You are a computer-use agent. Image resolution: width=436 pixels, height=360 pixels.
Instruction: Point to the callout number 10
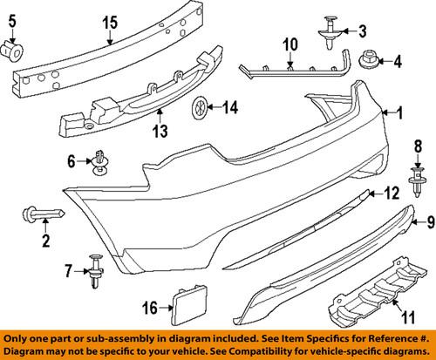click(289, 42)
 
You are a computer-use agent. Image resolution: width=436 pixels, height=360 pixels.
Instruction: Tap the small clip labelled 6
click(101, 163)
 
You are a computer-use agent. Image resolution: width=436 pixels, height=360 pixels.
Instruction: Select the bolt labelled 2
click(42, 214)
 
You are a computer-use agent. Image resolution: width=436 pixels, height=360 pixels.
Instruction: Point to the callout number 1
click(399, 112)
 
